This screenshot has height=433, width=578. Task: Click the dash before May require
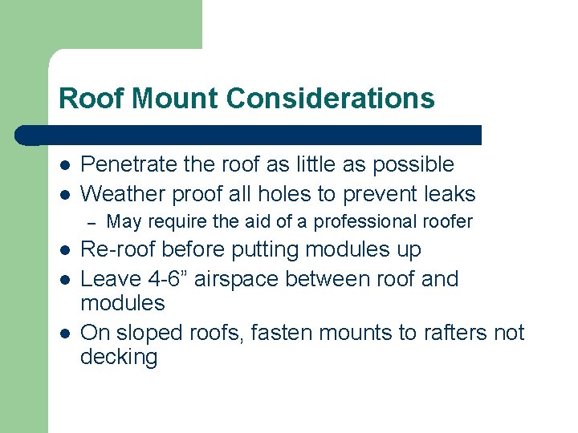tap(92, 222)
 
